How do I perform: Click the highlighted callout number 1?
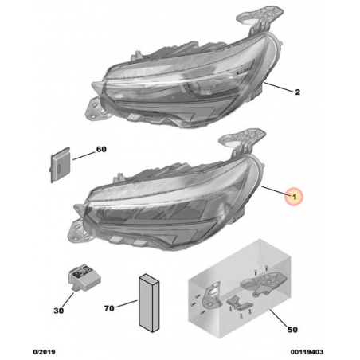coord(294,197)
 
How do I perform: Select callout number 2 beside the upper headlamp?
coord(297,92)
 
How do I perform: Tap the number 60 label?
coord(101,149)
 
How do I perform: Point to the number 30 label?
coord(59,311)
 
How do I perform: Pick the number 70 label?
coord(109,308)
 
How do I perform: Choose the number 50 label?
coord(292,330)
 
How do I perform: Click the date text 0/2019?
coord(44,352)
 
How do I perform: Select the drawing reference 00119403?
coord(307,352)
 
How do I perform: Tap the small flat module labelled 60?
coord(60,165)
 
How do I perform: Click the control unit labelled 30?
coord(84,277)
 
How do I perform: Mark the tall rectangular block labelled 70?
coord(149,303)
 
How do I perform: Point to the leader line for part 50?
coord(279,318)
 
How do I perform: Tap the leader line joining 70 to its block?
coord(127,303)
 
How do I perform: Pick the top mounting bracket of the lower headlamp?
coord(241,142)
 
